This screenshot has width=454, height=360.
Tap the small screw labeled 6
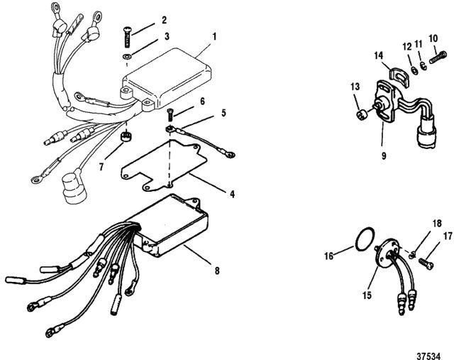coord(172,112)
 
